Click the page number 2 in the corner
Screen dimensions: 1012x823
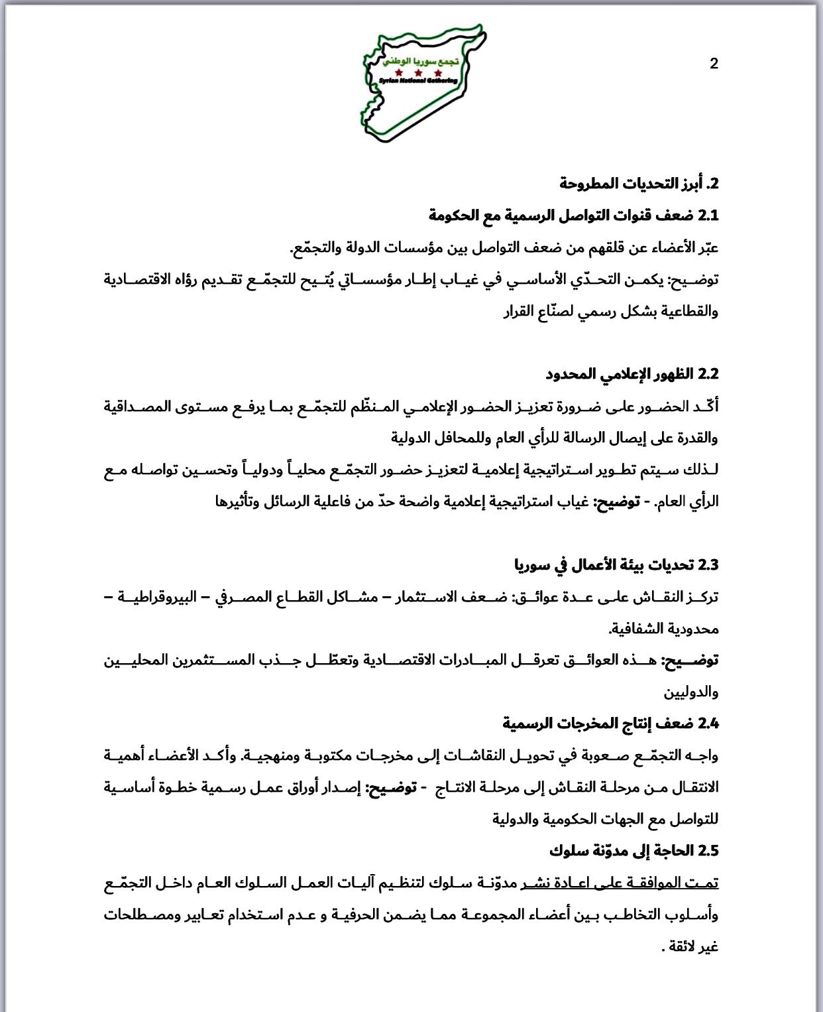pyautogui.click(x=714, y=64)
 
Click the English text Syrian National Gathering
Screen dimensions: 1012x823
pyautogui.click(x=418, y=80)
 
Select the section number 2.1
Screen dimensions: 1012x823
pyautogui.click(x=708, y=216)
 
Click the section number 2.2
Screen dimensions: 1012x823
pyautogui.click(x=708, y=374)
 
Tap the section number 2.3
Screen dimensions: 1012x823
pyautogui.click(x=708, y=565)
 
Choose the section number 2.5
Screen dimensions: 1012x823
pyautogui.click(x=708, y=851)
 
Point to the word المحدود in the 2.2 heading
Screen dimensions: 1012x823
pyautogui.click(x=571, y=374)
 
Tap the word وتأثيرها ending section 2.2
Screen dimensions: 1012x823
pyautogui.click(x=239, y=501)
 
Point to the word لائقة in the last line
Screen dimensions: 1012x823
pyautogui.click(x=683, y=946)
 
